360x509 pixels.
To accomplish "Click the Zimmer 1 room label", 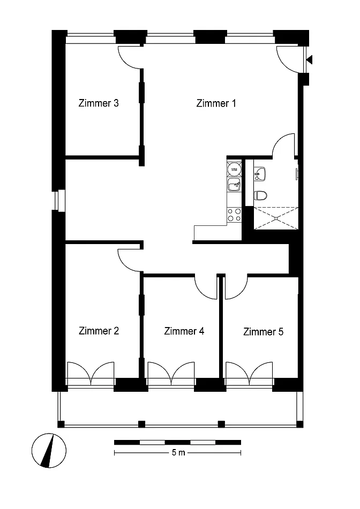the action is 216,103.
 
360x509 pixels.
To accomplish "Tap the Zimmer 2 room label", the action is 99,331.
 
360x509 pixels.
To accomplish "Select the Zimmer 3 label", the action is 99,103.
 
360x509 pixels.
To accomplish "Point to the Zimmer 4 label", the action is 184,331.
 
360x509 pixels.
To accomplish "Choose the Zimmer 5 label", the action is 263,332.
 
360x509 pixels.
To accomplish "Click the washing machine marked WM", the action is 234,169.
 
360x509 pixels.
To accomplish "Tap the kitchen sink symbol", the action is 234,185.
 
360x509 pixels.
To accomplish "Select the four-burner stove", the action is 234,215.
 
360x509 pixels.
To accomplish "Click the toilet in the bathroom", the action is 260,195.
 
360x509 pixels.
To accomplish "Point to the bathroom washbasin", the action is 260,173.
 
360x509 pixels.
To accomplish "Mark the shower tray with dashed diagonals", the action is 275,218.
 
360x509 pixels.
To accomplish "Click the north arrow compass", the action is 49,451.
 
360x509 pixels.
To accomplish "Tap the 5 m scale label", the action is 178,452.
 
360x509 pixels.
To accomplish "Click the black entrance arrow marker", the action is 310,60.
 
